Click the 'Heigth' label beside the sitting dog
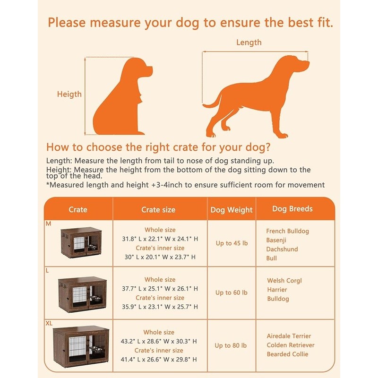click(x=69, y=94)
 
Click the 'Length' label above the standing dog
click(x=249, y=43)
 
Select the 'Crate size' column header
click(x=158, y=209)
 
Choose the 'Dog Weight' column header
click(x=232, y=210)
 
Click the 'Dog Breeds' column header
click(x=292, y=209)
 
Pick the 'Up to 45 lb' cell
click(x=231, y=243)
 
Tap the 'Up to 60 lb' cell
click(x=231, y=292)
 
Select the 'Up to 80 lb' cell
click(x=231, y=345)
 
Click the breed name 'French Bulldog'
click(x=287, y=231)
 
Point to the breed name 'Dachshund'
click(x=282, y=249)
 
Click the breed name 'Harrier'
click(x=277, y=290)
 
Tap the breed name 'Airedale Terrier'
click(x=289, y=336)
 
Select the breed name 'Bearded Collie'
click(x=287, y=354)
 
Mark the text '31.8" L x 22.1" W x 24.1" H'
click(x=160, y=239)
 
